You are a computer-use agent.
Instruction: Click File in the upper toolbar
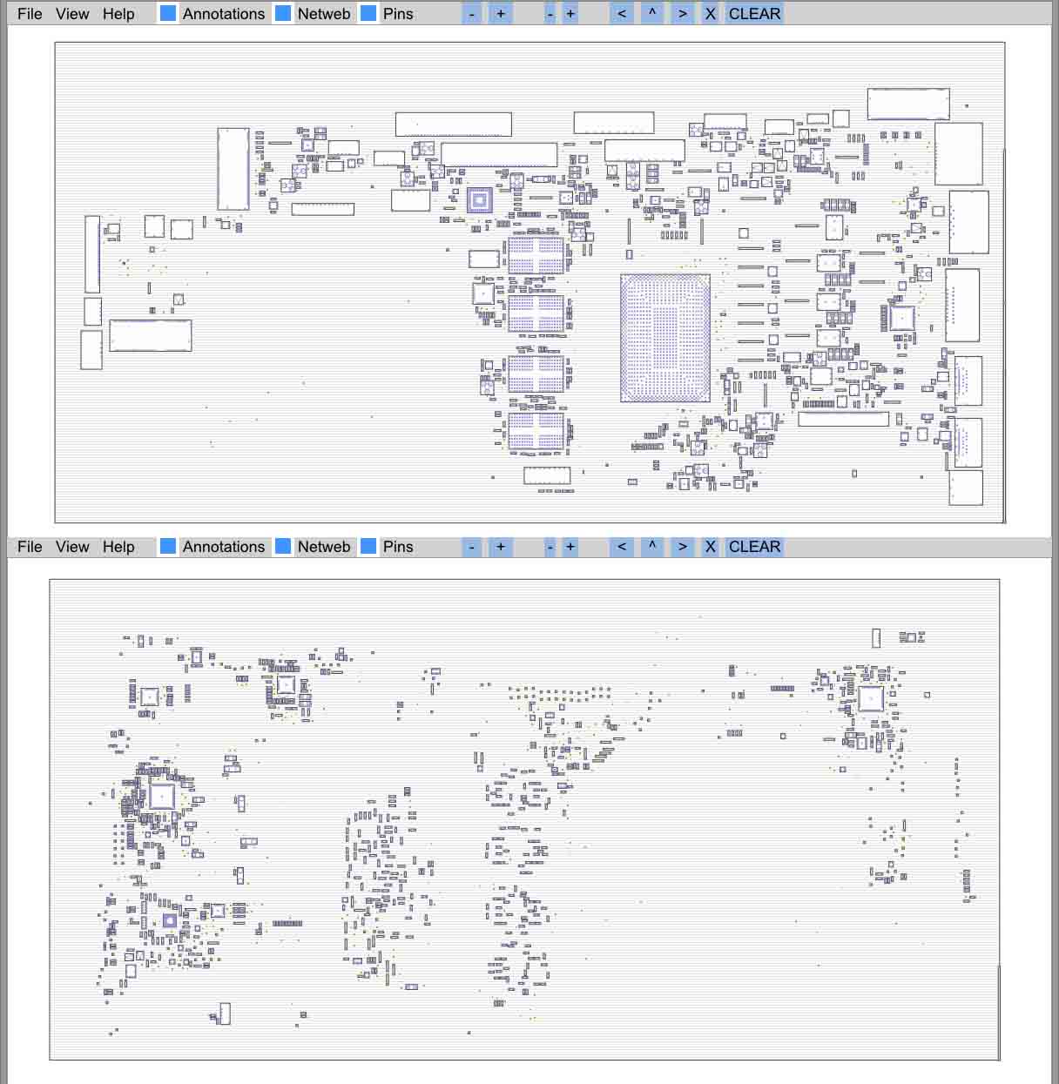point(30,14)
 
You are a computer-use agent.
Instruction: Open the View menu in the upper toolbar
point(72,14)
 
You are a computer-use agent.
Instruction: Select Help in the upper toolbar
point(118,14)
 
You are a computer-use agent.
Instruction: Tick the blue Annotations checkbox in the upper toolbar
point(168,13)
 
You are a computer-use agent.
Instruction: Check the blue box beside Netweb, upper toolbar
point(283,13)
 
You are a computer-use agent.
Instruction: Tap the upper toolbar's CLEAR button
point(754,14)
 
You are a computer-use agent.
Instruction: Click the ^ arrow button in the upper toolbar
point(651,14)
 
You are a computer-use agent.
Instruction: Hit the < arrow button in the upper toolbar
point(622,14)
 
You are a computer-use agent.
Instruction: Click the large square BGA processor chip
point(665,338)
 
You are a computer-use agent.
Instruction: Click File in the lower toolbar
point(30,547)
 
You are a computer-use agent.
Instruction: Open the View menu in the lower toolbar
point(72,547)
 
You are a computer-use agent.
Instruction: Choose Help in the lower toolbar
point(118,547)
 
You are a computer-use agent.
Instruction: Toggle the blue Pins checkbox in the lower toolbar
point(368,547)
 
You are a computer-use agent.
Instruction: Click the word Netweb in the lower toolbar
point(324,547)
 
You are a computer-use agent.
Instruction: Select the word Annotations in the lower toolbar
point(224,547)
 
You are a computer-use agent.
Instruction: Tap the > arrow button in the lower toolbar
point(683,547)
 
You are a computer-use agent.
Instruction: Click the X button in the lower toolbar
point(710,547)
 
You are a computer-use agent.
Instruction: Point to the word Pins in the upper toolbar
point(398,14)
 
